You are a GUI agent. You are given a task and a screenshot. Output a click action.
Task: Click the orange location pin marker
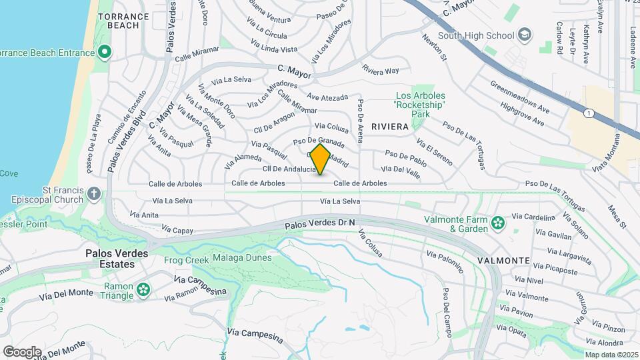pos(321,159)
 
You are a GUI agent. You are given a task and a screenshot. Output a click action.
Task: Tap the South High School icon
pos(525,35)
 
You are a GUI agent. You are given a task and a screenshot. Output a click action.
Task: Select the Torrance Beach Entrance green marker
pos(104,51)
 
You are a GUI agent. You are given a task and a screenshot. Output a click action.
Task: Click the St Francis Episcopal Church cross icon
pos(94,194)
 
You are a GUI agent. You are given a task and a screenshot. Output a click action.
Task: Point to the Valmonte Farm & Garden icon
pos(497,223)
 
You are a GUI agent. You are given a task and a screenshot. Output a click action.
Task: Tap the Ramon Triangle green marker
pos(143,289)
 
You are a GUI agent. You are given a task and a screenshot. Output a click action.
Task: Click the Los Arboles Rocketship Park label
pos(420,105)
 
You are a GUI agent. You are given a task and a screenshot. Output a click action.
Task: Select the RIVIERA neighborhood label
pos(390,127)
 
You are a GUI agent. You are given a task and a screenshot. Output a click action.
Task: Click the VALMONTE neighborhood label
pos(503,260)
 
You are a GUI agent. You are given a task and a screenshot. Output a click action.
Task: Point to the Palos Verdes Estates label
pos(111,259)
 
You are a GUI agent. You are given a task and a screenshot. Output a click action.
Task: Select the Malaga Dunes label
pos(242,258)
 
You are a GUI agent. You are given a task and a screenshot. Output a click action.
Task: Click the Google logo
pos(22,351)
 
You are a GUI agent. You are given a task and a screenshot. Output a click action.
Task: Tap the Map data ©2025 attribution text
pos(611,355)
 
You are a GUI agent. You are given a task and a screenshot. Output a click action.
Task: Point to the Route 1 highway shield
pos(589,113)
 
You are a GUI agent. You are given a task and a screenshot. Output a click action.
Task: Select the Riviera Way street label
pos(380,69)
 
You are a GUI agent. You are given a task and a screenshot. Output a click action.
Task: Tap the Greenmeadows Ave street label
pos(520,97)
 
